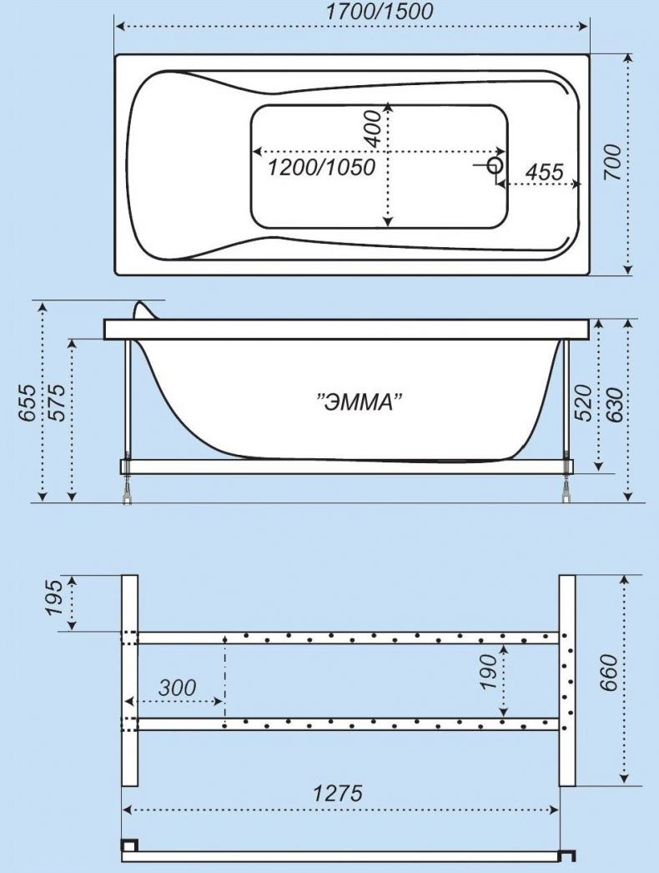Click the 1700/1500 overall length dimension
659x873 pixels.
379,11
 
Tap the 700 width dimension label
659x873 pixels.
611,162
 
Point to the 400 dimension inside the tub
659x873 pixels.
373,129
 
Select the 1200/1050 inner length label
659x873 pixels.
322,167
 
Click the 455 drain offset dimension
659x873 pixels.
545,172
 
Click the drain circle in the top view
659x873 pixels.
495,165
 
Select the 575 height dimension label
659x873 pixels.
57,402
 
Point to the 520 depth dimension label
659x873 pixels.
582,402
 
